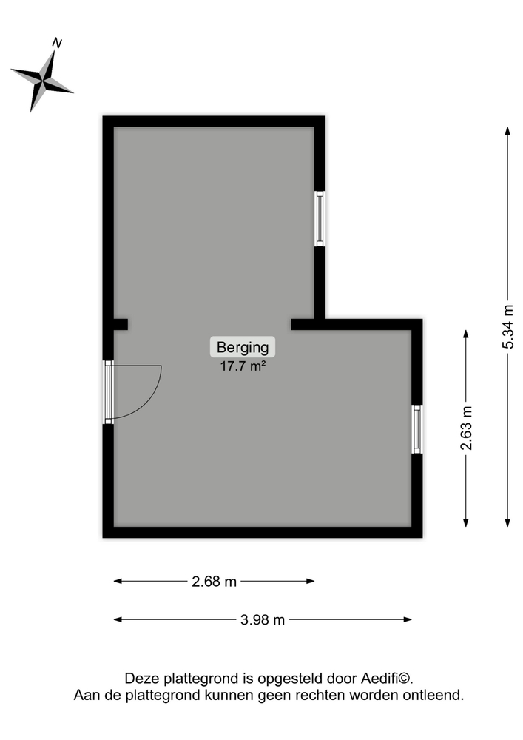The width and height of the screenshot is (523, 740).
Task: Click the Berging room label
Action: (x=243, y=347)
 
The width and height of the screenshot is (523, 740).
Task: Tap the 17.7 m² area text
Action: (x=243, y=366)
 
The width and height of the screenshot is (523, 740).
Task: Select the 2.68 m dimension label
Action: (x=214, y=582)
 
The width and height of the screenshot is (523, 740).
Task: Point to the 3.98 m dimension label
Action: (x=263, y=619)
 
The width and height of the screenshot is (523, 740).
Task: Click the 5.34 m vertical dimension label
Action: (x=507, y=326)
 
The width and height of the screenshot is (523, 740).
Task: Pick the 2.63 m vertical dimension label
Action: (x=466, y=428)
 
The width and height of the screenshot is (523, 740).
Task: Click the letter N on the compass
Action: (x=57, y=44)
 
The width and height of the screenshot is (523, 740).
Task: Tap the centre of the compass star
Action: (x=43, y=81)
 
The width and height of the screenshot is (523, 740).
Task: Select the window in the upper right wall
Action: (x=320, y=218)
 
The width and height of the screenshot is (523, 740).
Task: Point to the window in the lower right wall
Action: (x=417, y=429)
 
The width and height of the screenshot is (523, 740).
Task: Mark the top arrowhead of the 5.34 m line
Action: (x=507, y=131)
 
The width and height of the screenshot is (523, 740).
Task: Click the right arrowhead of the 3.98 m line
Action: (x=408, y=619)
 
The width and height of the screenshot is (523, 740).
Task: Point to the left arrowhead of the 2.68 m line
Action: (x=118, y=581)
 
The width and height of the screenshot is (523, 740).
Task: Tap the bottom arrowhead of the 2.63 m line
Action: (x=466, y=522)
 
